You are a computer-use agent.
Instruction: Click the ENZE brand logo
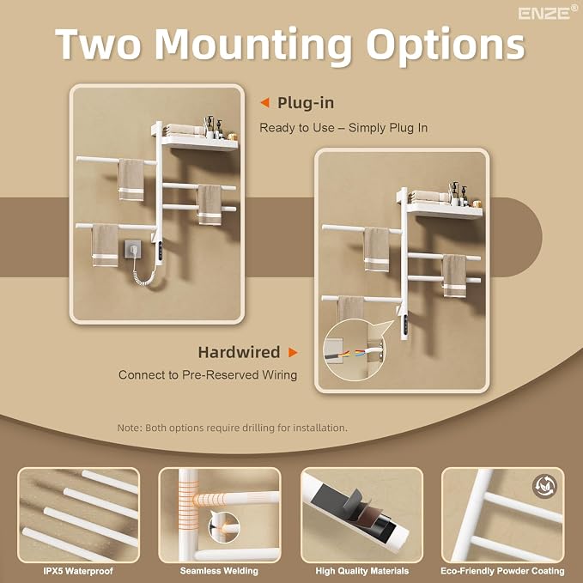548,13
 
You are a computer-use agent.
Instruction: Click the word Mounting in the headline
252,45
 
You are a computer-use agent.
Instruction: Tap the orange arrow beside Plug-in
264,103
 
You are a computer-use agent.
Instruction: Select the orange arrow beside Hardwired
293,352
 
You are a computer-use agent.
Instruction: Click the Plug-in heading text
306,103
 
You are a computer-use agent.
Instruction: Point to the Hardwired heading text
239,352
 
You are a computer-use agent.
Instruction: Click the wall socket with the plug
133,250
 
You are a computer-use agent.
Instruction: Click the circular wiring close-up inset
354,355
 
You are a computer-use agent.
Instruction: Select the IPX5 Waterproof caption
78,571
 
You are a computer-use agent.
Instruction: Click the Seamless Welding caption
219,571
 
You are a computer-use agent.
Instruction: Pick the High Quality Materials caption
361,571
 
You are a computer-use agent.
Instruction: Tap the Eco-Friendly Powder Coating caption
502,571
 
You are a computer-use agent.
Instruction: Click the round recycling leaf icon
544,486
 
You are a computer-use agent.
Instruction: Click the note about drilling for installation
232,428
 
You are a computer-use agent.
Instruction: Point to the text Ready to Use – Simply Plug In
343,128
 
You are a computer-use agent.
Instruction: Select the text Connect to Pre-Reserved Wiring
208,374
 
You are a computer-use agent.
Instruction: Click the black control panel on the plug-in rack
161,252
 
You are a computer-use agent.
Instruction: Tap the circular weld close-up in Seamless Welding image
223,526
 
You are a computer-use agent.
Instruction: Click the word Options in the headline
446,45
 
